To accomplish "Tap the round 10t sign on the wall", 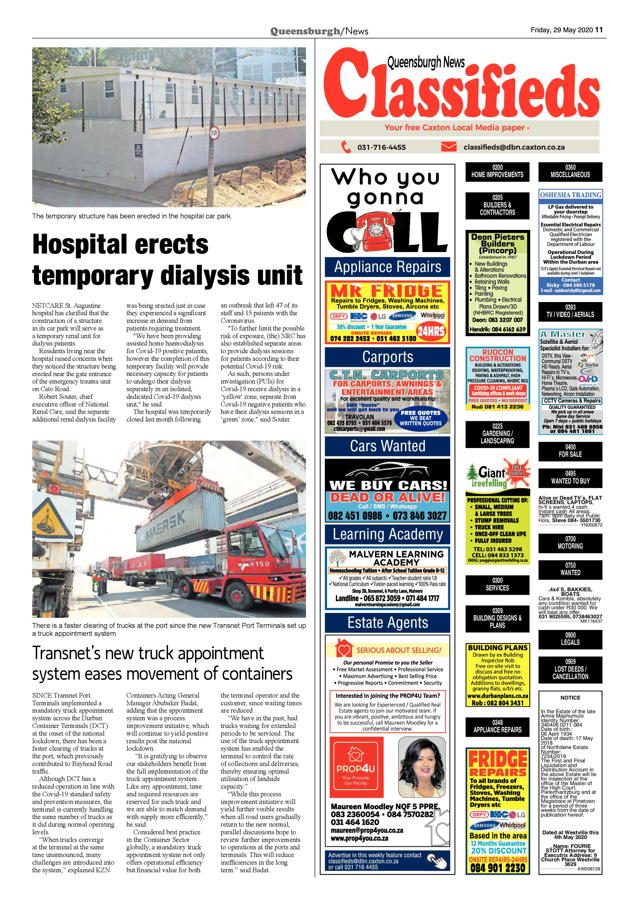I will (214, 133).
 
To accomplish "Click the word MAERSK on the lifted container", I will (166, 526).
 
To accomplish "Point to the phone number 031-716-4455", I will (381, 147).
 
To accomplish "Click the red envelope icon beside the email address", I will (449, 147).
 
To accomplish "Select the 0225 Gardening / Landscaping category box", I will (497, 434).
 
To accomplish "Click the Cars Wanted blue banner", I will (388, 446).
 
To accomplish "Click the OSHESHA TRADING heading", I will (570, 195).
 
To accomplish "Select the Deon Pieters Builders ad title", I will (498, 243).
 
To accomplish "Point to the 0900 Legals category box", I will (570, 639).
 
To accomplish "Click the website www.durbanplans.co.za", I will (497, 696).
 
